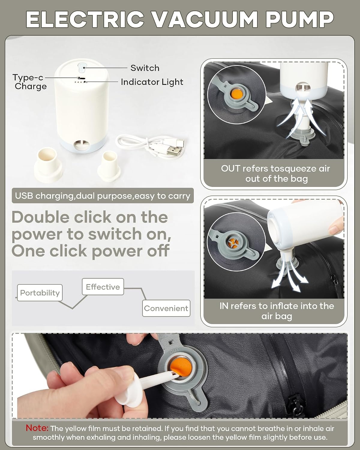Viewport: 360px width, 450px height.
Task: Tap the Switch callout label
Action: [145, 68]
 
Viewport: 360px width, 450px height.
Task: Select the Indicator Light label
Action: [152, 82]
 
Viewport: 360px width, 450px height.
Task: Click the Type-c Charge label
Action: [29, 82]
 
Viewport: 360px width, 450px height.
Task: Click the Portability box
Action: [40, 293]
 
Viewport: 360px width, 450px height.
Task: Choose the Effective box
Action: [103, 287]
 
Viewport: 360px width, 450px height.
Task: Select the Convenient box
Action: [166, 308]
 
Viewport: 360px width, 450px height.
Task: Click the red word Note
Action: [37, 428]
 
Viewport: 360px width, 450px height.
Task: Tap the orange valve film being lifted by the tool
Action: [180, 366]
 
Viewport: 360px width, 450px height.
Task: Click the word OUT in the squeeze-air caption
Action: [230, 169]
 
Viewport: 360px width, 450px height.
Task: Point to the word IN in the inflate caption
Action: [223, 306]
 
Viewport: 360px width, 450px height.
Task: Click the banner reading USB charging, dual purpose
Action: [103, 196]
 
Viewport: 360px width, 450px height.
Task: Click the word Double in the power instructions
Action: [40, 217]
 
